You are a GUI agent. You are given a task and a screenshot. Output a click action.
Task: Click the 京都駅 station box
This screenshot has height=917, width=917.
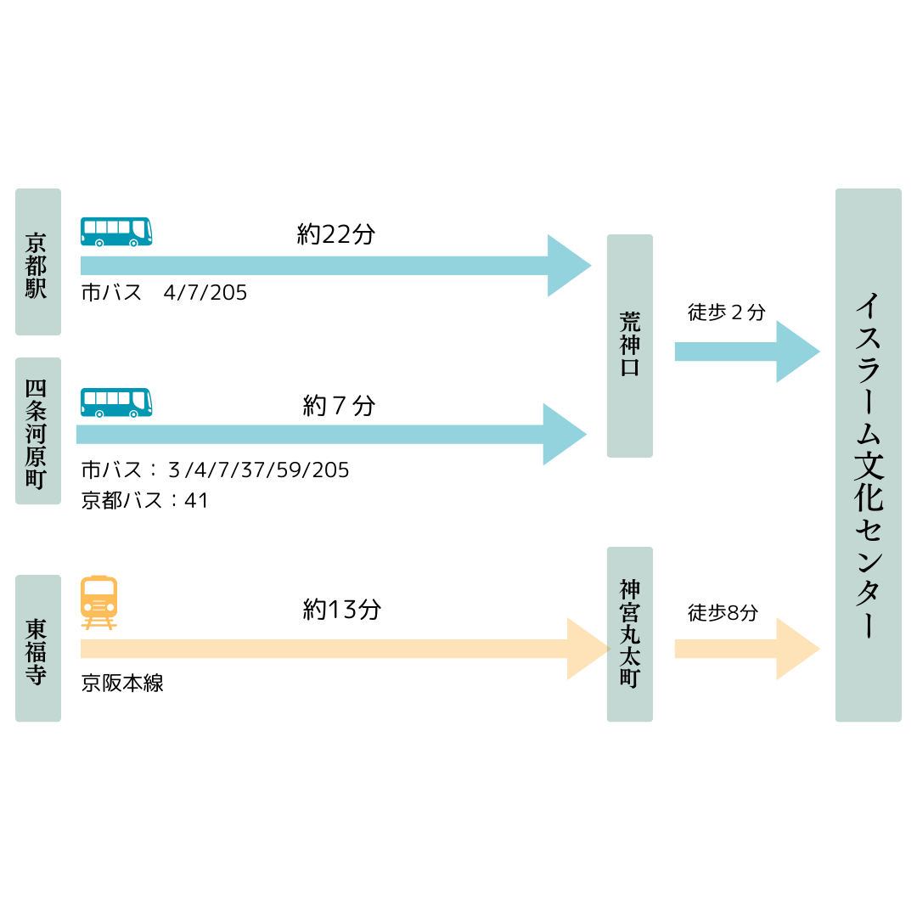(38, 262)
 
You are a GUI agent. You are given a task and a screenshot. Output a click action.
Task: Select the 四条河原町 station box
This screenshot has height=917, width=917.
(38, 431)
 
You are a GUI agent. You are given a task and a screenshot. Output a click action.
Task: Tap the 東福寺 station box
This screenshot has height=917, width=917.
(38, 648)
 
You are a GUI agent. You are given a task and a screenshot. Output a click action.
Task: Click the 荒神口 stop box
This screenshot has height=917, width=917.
(630, 346)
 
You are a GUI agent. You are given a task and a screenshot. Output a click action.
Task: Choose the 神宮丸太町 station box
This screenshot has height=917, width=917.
(630, 634)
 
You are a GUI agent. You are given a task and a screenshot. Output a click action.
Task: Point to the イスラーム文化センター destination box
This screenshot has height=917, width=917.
(868, 455)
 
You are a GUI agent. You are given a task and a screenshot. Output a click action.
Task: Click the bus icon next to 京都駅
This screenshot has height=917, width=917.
(116, 232)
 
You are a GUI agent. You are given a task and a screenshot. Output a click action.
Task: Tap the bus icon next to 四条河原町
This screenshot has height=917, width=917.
(116, 402)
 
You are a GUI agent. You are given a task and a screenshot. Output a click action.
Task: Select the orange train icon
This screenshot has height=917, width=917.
(98, 602)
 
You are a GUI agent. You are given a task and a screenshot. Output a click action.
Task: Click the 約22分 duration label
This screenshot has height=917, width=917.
(336, 234)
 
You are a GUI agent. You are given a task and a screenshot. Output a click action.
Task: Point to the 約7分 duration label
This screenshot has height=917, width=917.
(339, 406)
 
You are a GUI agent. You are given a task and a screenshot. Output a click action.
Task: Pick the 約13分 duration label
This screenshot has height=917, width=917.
(342, 609)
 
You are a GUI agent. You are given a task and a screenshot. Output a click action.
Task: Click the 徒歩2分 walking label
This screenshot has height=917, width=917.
(726, 312)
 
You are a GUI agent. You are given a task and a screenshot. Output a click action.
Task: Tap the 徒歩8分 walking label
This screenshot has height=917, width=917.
(723, 612)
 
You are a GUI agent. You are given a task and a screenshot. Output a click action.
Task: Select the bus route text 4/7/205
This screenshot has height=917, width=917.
(205, 293)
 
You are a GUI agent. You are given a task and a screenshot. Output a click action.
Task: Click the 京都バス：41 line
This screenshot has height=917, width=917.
(144, 500)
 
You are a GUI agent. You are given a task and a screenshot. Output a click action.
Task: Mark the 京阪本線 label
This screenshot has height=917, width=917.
(122, 684)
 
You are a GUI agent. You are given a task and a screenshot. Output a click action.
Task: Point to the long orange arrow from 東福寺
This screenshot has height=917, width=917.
(340, 649)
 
